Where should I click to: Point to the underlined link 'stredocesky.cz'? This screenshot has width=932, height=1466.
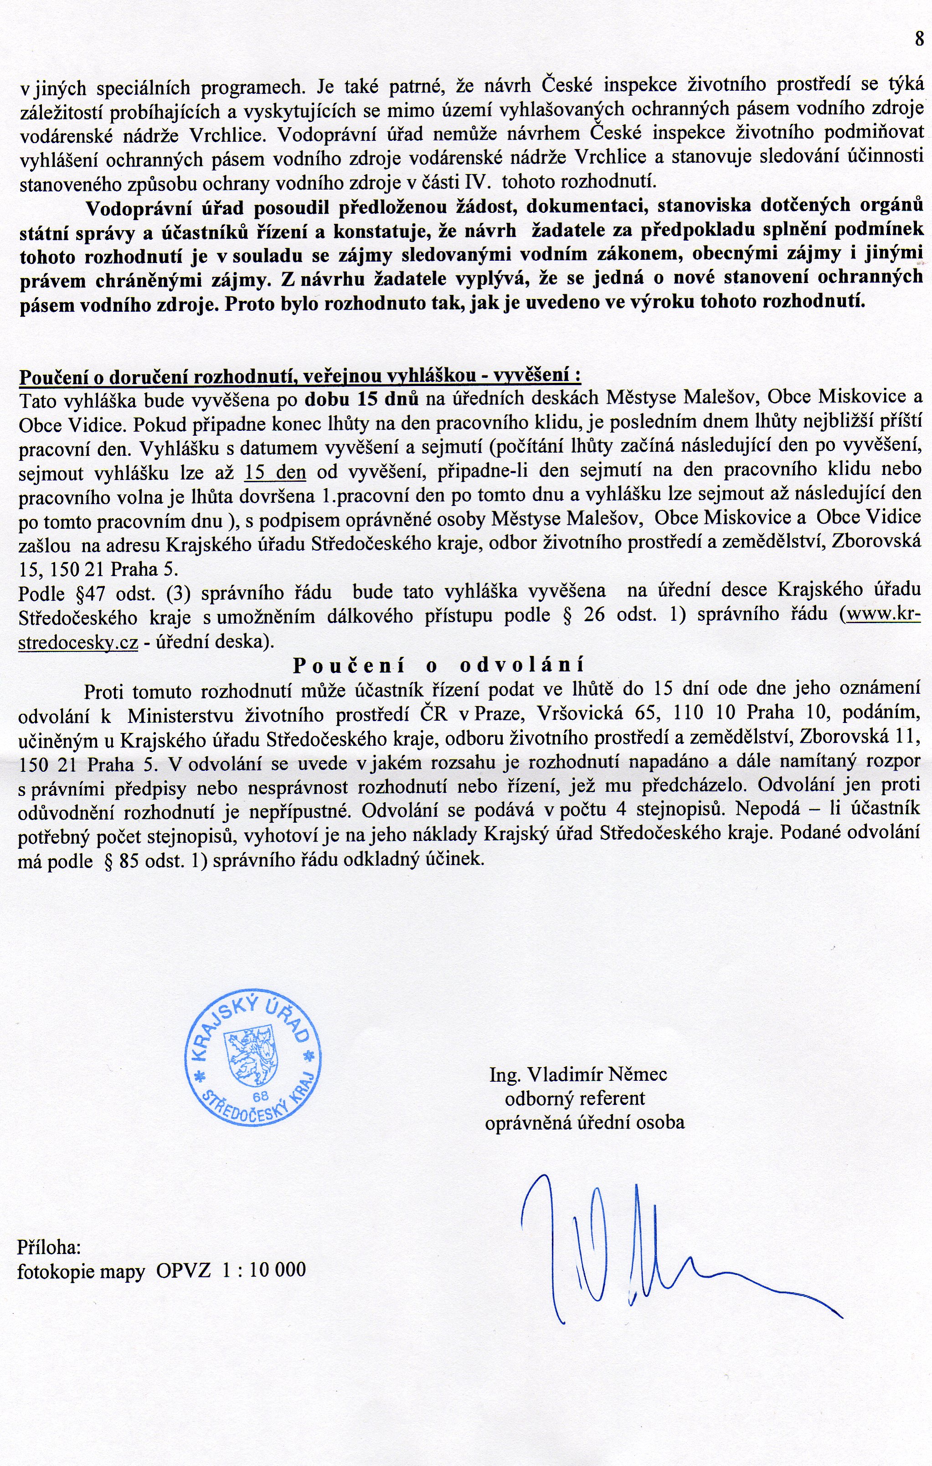coord(78,643)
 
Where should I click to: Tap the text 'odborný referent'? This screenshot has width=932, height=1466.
coord(575,1098)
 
